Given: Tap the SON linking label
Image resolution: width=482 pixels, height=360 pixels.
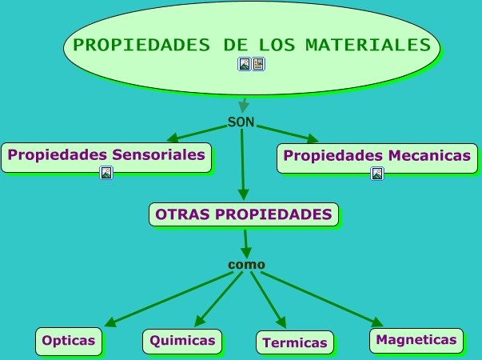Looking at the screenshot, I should tap(241, 122).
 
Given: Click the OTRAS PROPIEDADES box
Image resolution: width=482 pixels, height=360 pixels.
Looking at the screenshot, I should tap(244, 214).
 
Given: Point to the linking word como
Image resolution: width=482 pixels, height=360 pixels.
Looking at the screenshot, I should tap(246, 265).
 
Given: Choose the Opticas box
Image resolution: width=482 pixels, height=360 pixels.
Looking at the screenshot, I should tap(69, 341).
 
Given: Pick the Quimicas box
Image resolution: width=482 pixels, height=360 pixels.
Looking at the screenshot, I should tap(182, 341).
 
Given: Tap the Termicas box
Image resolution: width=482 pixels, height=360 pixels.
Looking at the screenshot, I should tap(294, 342).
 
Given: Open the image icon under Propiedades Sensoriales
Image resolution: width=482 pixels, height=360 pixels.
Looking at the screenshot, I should tap(106, 173).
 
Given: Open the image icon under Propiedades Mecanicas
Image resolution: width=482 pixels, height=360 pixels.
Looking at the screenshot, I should tap(377, 173).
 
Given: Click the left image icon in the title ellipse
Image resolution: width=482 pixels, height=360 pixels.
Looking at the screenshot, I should tap(245, 64).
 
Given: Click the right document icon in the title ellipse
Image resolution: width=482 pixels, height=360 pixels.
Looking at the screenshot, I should tap(259, 64).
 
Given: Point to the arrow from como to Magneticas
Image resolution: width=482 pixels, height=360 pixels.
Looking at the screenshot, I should tap(320, 298).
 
